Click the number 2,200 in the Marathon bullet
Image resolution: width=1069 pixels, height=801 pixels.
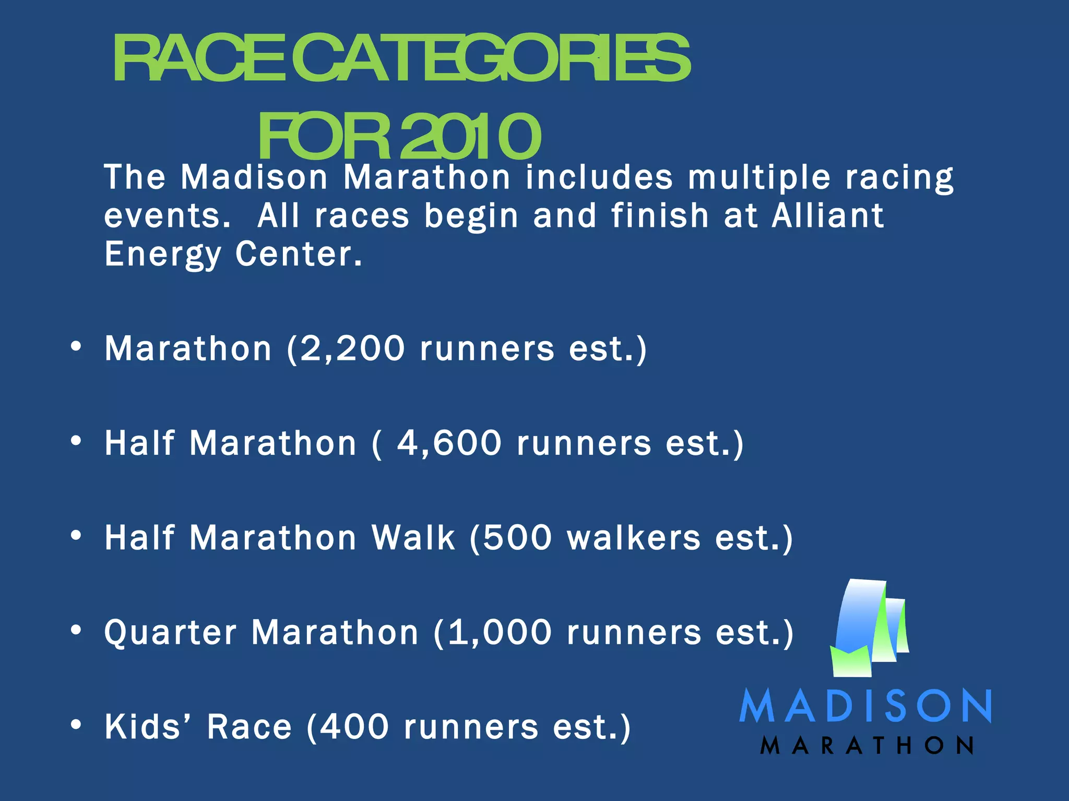353,348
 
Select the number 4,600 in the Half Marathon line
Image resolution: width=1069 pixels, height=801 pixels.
449,443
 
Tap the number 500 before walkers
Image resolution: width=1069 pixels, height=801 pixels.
517,538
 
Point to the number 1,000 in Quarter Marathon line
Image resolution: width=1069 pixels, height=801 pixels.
500,633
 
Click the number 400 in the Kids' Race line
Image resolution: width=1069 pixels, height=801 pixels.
355,727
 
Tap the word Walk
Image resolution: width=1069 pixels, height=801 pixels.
413,538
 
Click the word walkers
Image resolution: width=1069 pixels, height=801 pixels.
634,538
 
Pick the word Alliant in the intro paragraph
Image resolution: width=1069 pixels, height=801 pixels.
828,215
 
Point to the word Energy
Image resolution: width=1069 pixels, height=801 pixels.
163,255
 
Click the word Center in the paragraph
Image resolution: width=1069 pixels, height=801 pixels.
299,254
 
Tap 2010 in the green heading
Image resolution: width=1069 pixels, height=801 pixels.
470,136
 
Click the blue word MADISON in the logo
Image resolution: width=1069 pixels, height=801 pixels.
865,706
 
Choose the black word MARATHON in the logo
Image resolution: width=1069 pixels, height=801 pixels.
866,746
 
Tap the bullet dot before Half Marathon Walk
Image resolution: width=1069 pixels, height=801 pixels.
76,536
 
